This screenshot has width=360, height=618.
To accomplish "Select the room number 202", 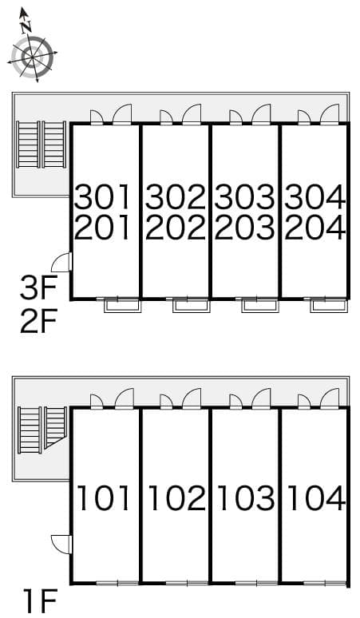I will [x=176, y=228].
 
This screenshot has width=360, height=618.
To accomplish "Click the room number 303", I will [x=245, y=196].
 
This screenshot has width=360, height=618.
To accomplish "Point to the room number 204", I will [x=315, y=228].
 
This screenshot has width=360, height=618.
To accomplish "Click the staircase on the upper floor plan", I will [x=42, y=145].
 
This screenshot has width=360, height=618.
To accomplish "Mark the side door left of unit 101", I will [x=61, y=544].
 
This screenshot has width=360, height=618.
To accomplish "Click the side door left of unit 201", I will [x=61, y=262].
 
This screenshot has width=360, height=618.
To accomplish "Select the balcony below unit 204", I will [x=329, y=305].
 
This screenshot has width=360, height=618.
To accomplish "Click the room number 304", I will [x=315, y=196].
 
